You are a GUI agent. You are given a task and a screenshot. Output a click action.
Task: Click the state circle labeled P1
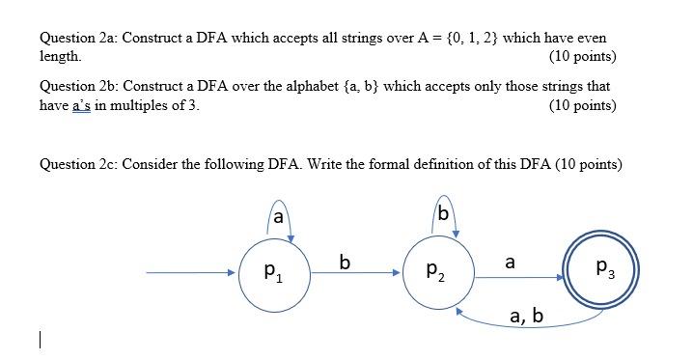(273, 273)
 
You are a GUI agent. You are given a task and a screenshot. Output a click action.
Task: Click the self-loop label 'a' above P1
(278, 217)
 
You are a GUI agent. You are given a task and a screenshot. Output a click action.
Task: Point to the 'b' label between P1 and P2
(346, 261)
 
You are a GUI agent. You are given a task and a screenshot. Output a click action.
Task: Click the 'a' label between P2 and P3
(510, 261)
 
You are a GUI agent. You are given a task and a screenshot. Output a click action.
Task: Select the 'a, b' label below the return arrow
(526, 315)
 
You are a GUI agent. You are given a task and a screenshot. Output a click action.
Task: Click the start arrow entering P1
(189, 273)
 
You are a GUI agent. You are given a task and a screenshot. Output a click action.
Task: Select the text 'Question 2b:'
(78, 86)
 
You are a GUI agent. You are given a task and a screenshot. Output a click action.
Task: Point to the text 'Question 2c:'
(78, 164)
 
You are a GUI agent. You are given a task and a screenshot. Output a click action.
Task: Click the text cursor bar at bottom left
(39, 339)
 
